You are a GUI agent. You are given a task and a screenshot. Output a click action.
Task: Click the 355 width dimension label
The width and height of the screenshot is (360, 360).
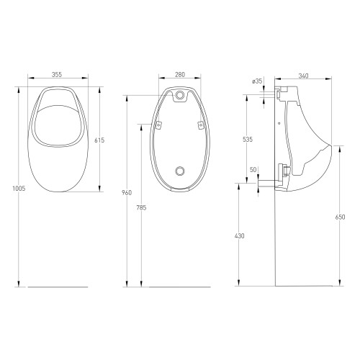pyautogui.click(x=57, y=75)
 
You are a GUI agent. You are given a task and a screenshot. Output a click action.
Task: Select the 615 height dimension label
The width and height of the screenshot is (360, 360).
pyautogui.click(x=99, y=140)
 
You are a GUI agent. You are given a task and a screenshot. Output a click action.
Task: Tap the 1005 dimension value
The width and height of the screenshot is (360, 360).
pyautogui.click(x=19, y=189)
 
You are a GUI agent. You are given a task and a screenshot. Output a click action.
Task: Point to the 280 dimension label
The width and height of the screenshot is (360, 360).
pyautogui.click(x=180, y=75)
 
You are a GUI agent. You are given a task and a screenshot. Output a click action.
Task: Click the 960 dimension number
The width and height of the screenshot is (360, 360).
pyautogui.click(x=127, y=192)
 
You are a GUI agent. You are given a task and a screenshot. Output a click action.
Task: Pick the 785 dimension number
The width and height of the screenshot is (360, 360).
pyautogui.click(x=141, y=207)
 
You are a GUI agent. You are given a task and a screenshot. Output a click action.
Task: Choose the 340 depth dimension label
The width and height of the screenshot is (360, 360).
pyautogui.click(x=303, y=76)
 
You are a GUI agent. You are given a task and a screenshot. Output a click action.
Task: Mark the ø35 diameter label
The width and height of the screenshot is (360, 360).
pyautogui.click(x=257, y=81)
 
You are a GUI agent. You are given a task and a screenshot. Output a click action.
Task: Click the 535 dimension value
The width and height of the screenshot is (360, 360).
pyautogui.click(x=248, y=139)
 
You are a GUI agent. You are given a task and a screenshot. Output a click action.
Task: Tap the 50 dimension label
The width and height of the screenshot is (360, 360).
pyautogui.click(x=253, y=170)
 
